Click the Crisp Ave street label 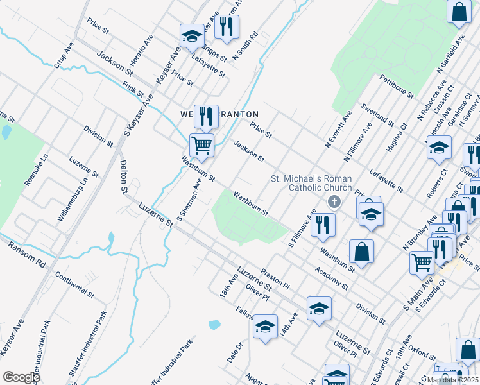point(64,55)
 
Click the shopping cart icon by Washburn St point(201,145)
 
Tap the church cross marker point(333,203)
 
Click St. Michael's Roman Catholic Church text point(311,183)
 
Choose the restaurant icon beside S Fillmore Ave point(322,224)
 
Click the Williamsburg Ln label point(71,201)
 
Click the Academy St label point(332,277)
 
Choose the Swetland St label point(377,114)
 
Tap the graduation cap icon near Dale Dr point(265,326)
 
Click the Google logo point(21,377)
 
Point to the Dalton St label point(123,177)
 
